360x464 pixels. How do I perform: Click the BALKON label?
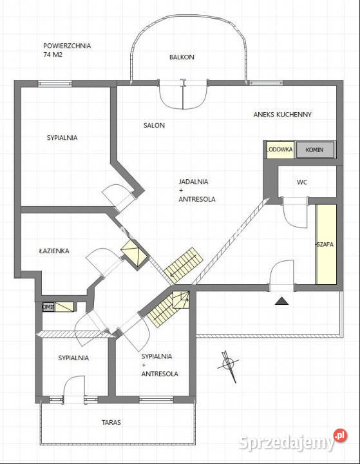pyautogui.click(x=182, y=57)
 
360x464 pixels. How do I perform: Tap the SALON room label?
pyautogui.click(x=154, y=125)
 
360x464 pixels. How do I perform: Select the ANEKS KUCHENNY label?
pyautogui.click(x=282, y=114)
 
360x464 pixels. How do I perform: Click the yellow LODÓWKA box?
pyautogui.click(x=279, y=150)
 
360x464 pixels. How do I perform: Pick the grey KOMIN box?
pyautogui.click(x=315, y=150)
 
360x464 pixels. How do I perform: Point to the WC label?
pyautogui.click(x=302, y=182)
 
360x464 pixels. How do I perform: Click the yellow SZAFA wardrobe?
pyautogui.click(x=325, y=244)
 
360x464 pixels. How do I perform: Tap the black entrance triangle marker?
pyautogui.click(x=281, y=300)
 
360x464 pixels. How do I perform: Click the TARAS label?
pyautogui.click(x=111, y=423)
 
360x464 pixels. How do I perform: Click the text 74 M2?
pyautogui.click(x=53, y=55)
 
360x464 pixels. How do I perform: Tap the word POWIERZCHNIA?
pyautogui.click(x=67, y=46)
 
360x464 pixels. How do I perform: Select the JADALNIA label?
pyautogui.click(x=193, y=181)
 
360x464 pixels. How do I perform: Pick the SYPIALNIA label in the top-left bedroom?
pyautogui.click(x=62, y=137)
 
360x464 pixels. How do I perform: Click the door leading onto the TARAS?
pyautogui.click(x=74, y=391)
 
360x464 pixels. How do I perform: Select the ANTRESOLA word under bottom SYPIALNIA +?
pyautogui.click(x=159, y=374)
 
